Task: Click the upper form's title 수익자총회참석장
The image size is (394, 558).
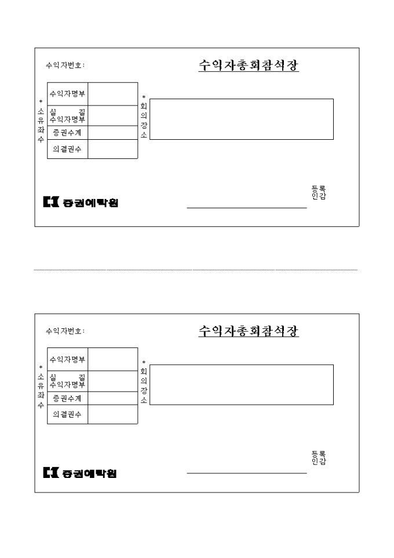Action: point(249,65)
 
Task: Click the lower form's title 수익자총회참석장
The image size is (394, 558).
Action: point(249,331)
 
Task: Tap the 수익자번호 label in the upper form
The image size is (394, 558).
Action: point(65,65)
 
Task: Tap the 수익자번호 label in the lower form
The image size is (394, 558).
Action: point(65,331)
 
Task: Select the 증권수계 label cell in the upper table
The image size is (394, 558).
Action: point(68,133)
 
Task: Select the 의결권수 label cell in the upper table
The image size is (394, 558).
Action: point(68,149)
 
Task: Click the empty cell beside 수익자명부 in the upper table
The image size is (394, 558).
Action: point(113,94)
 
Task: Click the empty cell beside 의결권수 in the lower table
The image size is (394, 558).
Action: point(113,414)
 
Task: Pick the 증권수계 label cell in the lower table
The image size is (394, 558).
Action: point(68,398)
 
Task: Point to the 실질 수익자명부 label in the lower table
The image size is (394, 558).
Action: point(67,381)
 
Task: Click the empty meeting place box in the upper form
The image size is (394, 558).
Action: point(242,119)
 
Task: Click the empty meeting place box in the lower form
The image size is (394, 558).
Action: point(242,385)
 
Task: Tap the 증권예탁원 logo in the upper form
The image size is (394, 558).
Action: point(81,202)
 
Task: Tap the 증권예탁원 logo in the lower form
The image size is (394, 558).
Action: point(80,473)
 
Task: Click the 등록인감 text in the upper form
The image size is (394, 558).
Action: point(319,193)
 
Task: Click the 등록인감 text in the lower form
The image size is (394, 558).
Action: point(319,458)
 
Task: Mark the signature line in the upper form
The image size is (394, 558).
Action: point(247,208)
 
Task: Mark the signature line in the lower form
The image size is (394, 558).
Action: point(247,473)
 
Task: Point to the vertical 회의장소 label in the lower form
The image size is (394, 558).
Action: point(144,382)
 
